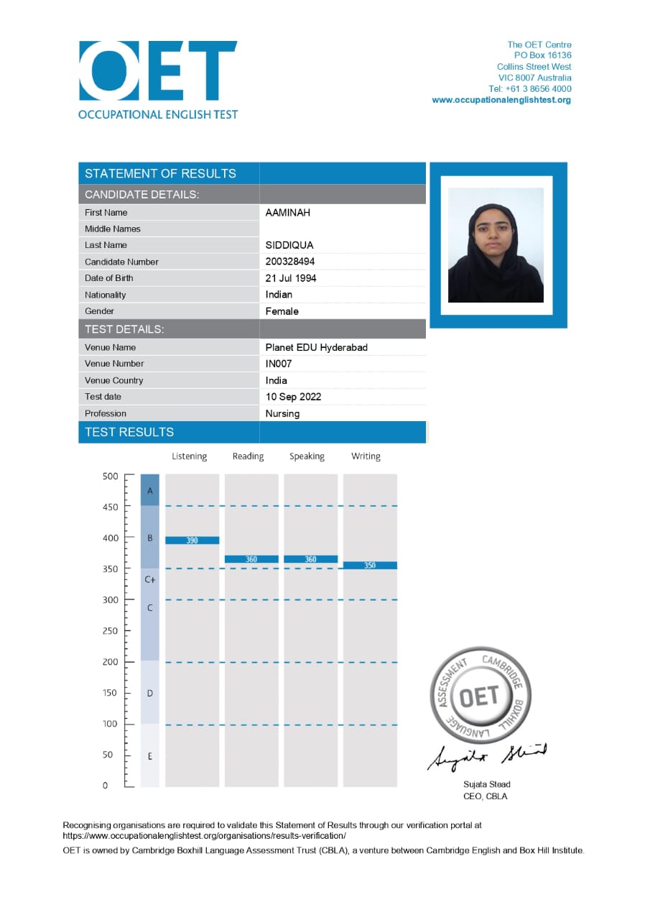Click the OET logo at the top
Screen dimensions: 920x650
[158, 72]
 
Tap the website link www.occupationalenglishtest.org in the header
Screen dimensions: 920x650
[501, 100]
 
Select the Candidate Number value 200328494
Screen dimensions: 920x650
[290, 262]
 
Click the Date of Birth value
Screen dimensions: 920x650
[291, 278]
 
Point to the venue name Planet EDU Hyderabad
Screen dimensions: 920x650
[316, 347]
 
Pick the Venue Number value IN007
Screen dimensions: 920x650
[279, 364]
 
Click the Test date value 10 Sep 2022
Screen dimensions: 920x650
[293, 397]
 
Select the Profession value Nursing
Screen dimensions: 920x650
[282, 413]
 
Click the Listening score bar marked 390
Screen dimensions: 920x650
[192, 540]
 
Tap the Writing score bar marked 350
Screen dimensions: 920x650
[370, 566]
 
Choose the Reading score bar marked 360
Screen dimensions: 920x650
[251, 559]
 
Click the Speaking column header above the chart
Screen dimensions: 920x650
[307, 456]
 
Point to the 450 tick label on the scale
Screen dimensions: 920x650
[110, 507]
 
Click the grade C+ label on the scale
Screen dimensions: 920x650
[150, 579]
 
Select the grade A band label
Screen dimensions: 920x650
[150, 490]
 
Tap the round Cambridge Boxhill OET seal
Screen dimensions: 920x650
[479, 696]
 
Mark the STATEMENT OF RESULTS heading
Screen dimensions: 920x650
[160, 173]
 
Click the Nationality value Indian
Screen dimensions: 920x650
[279, 295]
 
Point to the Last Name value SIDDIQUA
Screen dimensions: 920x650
[289, 245]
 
